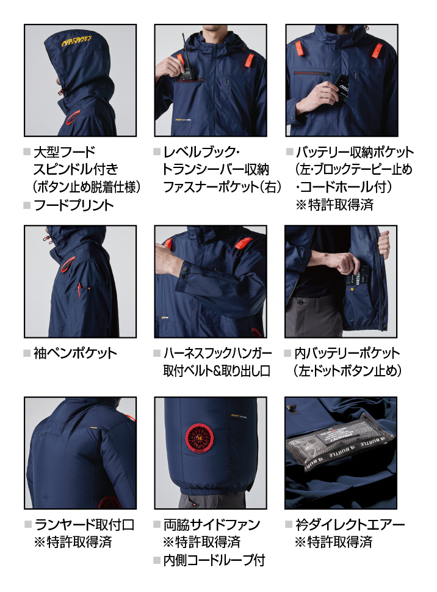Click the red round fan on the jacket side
(x=200, y=438)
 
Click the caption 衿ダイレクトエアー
(x=350, y=524)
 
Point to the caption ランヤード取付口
(x=84, y=524)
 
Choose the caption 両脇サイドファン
(x=212, y=524)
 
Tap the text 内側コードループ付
(x=214, y=560)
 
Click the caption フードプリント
(x=74, y=205)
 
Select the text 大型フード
(x=65, y=152)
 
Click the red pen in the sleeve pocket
(x=79, y=290)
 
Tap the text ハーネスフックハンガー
(x=217, y=353)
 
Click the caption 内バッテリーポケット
(x=347, y=353)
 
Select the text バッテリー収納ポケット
(x=355, y=152)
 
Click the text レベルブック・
(x=201, y=152)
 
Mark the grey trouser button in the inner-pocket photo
(x=300, y=302)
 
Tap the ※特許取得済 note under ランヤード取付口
(x=73, y=542)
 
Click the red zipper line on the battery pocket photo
(x=312, y=72)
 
